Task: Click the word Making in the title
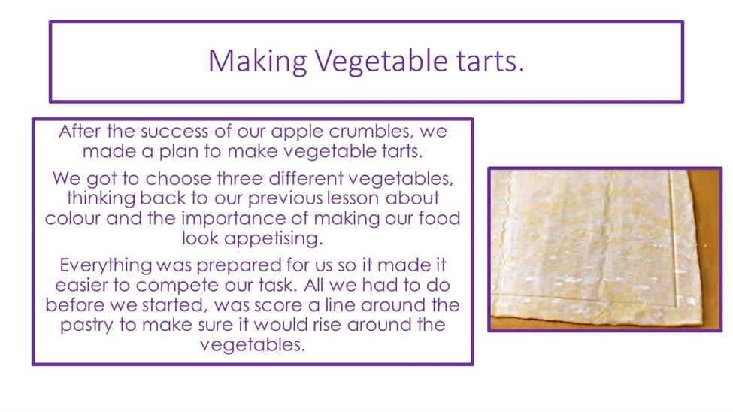(257, 62)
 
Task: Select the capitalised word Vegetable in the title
(381, 62)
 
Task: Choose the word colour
(72, 218)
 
